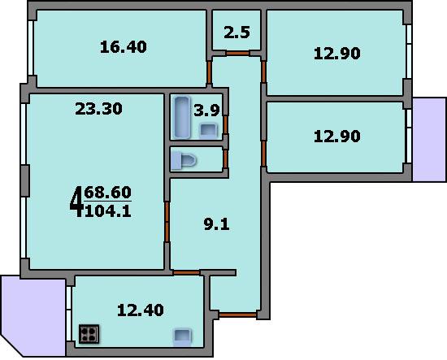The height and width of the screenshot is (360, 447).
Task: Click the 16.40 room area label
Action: tap(124, 47)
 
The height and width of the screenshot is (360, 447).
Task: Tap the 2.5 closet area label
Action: tap(237, 33)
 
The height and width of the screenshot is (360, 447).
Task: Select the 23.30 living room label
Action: tap(98, 109)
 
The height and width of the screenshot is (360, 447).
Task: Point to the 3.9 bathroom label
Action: tap(206, 110)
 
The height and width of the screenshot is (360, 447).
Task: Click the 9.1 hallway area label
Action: tap(217, 224)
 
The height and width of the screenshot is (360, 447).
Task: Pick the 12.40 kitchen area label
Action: tap(141, 310)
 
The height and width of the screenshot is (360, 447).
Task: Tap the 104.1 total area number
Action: tap(108, 211)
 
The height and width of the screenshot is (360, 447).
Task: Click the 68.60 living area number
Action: tap(108, 192)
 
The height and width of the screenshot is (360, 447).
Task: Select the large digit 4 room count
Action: tap(76, 202)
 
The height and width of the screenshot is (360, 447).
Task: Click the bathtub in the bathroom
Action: tap(182, 117)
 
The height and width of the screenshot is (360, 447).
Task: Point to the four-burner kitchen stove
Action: tap(89, 334)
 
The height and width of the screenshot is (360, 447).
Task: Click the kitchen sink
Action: tap(182, 337)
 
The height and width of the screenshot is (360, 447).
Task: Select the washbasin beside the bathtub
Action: tap(208, 130)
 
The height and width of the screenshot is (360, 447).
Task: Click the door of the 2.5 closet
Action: tap(237, 53)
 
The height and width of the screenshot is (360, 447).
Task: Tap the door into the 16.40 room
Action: tap(209, 72)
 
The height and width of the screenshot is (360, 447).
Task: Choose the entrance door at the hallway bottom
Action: tap(238, 315)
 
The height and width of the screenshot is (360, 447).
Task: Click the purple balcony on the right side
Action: tap(429, 140)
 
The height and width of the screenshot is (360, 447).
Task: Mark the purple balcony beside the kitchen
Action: tap(33, 316)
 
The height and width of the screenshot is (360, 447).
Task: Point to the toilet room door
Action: tap(225, 158)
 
